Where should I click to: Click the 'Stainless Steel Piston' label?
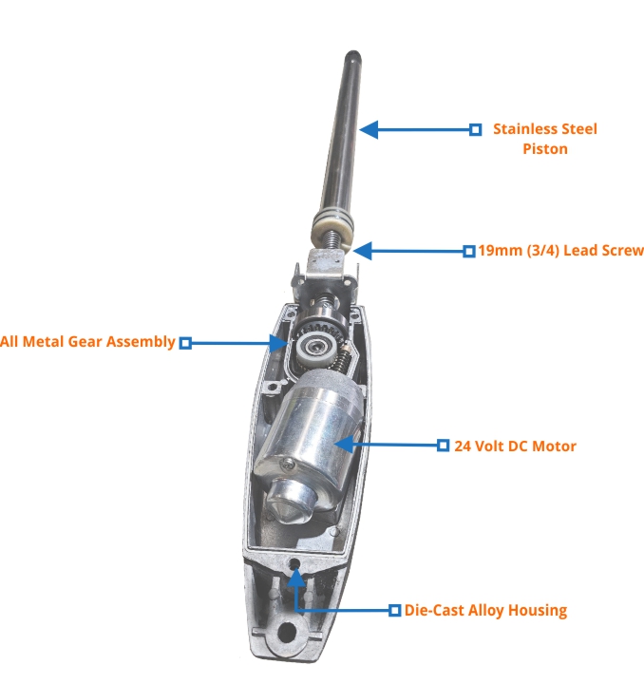point(545,139)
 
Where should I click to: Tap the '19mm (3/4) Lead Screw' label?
point(560,251)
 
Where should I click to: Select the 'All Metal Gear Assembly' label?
point(87,342)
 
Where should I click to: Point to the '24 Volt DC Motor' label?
point(515,446)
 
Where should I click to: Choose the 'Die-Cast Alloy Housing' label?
point(485,610)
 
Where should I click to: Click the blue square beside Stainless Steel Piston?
point(476,129)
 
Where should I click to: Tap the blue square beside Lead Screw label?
point(469,251)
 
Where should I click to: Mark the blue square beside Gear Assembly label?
point(185,343)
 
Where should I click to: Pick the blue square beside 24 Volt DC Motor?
point(443,446)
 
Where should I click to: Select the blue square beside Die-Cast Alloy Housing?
point(394,610)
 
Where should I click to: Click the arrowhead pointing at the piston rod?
point(369,129)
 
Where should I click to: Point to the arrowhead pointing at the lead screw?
point(362,251)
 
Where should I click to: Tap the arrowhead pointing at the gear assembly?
point(278,343)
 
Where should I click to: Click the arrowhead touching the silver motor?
point(344,445)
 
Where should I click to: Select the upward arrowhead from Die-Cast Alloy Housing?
point(296,578)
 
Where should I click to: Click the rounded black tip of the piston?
point(352,56)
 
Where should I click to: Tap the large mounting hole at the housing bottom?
point(287,632)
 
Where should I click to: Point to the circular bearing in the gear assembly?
point(313,348)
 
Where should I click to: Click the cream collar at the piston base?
point(332,230)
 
